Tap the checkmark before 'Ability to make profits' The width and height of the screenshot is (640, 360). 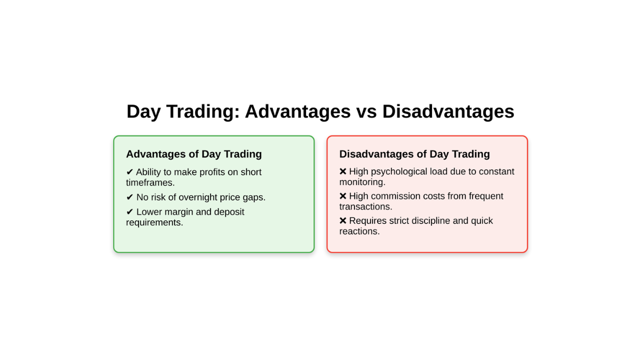tap(129, 172)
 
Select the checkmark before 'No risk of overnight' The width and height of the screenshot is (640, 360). tap(129, 197)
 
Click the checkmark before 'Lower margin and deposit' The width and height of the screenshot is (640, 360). tap(129, 211)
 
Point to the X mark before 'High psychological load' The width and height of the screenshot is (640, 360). tap(343, 171)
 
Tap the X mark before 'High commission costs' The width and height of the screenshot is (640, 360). tap(343, 196)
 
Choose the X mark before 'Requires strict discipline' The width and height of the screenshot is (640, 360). tap(343, 220)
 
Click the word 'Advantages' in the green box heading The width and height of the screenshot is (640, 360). tap(156, 154)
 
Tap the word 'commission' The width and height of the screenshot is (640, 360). tap(395, 196)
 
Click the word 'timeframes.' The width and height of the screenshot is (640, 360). tap(150, 183)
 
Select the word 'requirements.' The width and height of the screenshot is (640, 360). tap(154, 222)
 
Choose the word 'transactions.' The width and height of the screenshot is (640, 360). tap(365, 207)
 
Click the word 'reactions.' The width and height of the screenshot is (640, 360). tap(359, 231)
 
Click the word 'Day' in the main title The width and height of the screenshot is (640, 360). tap(143, 111)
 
